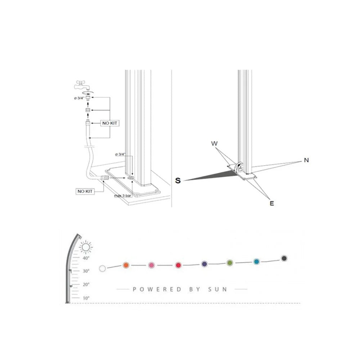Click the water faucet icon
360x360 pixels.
point(82,85)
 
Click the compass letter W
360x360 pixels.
point(215,144)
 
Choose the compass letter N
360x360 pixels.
point(306,160)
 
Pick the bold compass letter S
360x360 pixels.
point(178,181)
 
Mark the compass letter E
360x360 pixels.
point(272,203)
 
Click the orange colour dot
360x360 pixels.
point(126,265)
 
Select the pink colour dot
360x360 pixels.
point(152,265)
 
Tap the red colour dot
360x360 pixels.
point(178,265)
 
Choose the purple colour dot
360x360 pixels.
point(204,264)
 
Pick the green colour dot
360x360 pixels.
point(230,263)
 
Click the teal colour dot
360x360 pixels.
point(256,262)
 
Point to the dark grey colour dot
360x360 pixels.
point(284,258)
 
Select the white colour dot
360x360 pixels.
point(103,268)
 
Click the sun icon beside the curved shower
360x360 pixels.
point(86,247)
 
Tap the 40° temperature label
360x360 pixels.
point(86,258)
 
